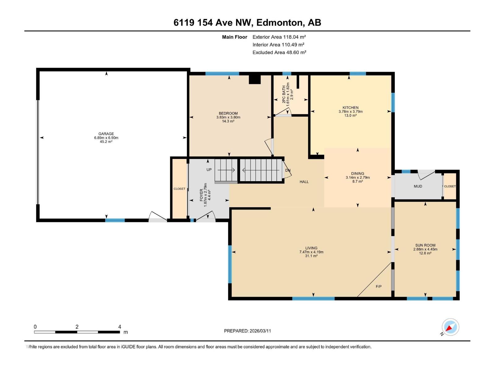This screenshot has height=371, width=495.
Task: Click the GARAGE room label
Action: click(106, 134)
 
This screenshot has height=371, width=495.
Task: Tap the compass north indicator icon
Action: click(450, 327)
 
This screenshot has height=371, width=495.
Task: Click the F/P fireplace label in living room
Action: click(378, 287)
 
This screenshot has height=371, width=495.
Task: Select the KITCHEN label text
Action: click(350, 108)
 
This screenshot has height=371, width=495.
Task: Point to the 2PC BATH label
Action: click(284, 94)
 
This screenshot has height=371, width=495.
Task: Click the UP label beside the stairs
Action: click(209, 170)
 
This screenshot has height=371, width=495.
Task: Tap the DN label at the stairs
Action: click(288, 170)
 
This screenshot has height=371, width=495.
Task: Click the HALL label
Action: click(304, 182)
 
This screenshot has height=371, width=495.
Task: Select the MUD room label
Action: click(418, 186)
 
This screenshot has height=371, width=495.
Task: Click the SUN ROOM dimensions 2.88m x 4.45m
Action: click(425, 249)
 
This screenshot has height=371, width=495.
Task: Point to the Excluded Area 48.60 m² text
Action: click(279, 53)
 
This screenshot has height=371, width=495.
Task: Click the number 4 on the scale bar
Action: click(120, 327)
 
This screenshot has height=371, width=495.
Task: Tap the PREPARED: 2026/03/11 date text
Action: click(247, 331)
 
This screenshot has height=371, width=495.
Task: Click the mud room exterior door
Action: click(426, 175)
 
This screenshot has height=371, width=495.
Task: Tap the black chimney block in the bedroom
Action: click(255, 80)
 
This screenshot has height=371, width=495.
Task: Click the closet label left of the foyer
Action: click(179, 189)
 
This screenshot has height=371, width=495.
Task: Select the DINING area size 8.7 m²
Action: click(358, 181)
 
